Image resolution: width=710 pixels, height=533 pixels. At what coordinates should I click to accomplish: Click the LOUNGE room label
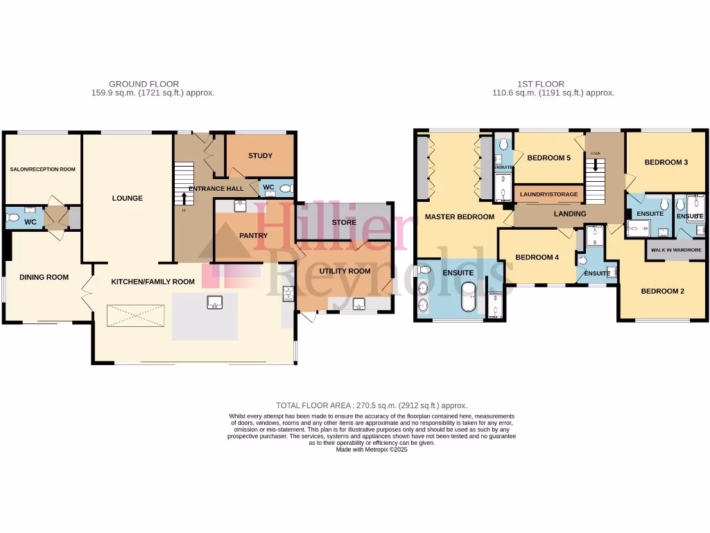(x=128, y=198)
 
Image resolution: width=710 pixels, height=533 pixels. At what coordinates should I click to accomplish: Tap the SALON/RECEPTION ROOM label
(x=42, y=169)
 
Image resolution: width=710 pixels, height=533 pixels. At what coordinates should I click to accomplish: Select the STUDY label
(x=260, y=155)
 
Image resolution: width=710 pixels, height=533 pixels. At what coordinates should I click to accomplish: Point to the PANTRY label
(x=253, y=236)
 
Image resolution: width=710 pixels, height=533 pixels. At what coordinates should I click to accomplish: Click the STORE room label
(x=344, y=223)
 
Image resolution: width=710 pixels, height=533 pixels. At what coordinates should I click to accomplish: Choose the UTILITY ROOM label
(x=344, y=271)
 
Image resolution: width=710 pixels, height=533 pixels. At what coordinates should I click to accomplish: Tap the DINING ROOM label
(x=44, y=278)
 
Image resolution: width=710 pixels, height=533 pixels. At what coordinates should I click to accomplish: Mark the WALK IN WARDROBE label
(x=675, y=250)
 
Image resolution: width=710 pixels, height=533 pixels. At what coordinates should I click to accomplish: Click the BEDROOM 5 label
(x=548, y=158)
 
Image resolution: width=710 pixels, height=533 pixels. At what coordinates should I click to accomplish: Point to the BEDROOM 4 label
(x=537, y=257)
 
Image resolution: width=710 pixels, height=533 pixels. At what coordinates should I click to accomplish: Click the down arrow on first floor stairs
(x=595, y=167)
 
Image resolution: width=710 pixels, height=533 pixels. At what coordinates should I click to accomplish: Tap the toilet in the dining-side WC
(x=12, y=218)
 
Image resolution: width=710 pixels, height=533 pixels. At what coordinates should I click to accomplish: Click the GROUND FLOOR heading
(x=144, y=84)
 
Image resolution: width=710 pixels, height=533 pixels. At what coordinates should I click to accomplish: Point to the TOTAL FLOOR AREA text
(x=372, y=405)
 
